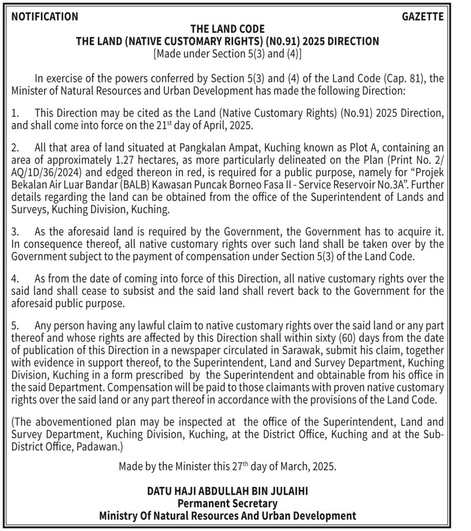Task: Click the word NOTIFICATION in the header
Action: (45, 17)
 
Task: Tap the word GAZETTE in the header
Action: (423, 17)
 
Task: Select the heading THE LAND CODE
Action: (227, 29)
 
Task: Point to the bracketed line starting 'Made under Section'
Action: (227, 53)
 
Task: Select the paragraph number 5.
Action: (15, 326)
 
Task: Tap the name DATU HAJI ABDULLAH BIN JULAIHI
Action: (227, 491)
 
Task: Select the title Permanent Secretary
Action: (227, 503)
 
